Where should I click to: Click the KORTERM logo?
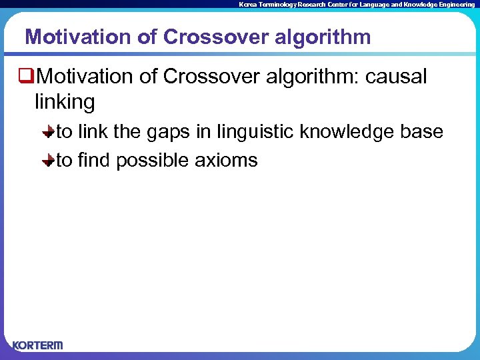(x=37, y=345)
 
